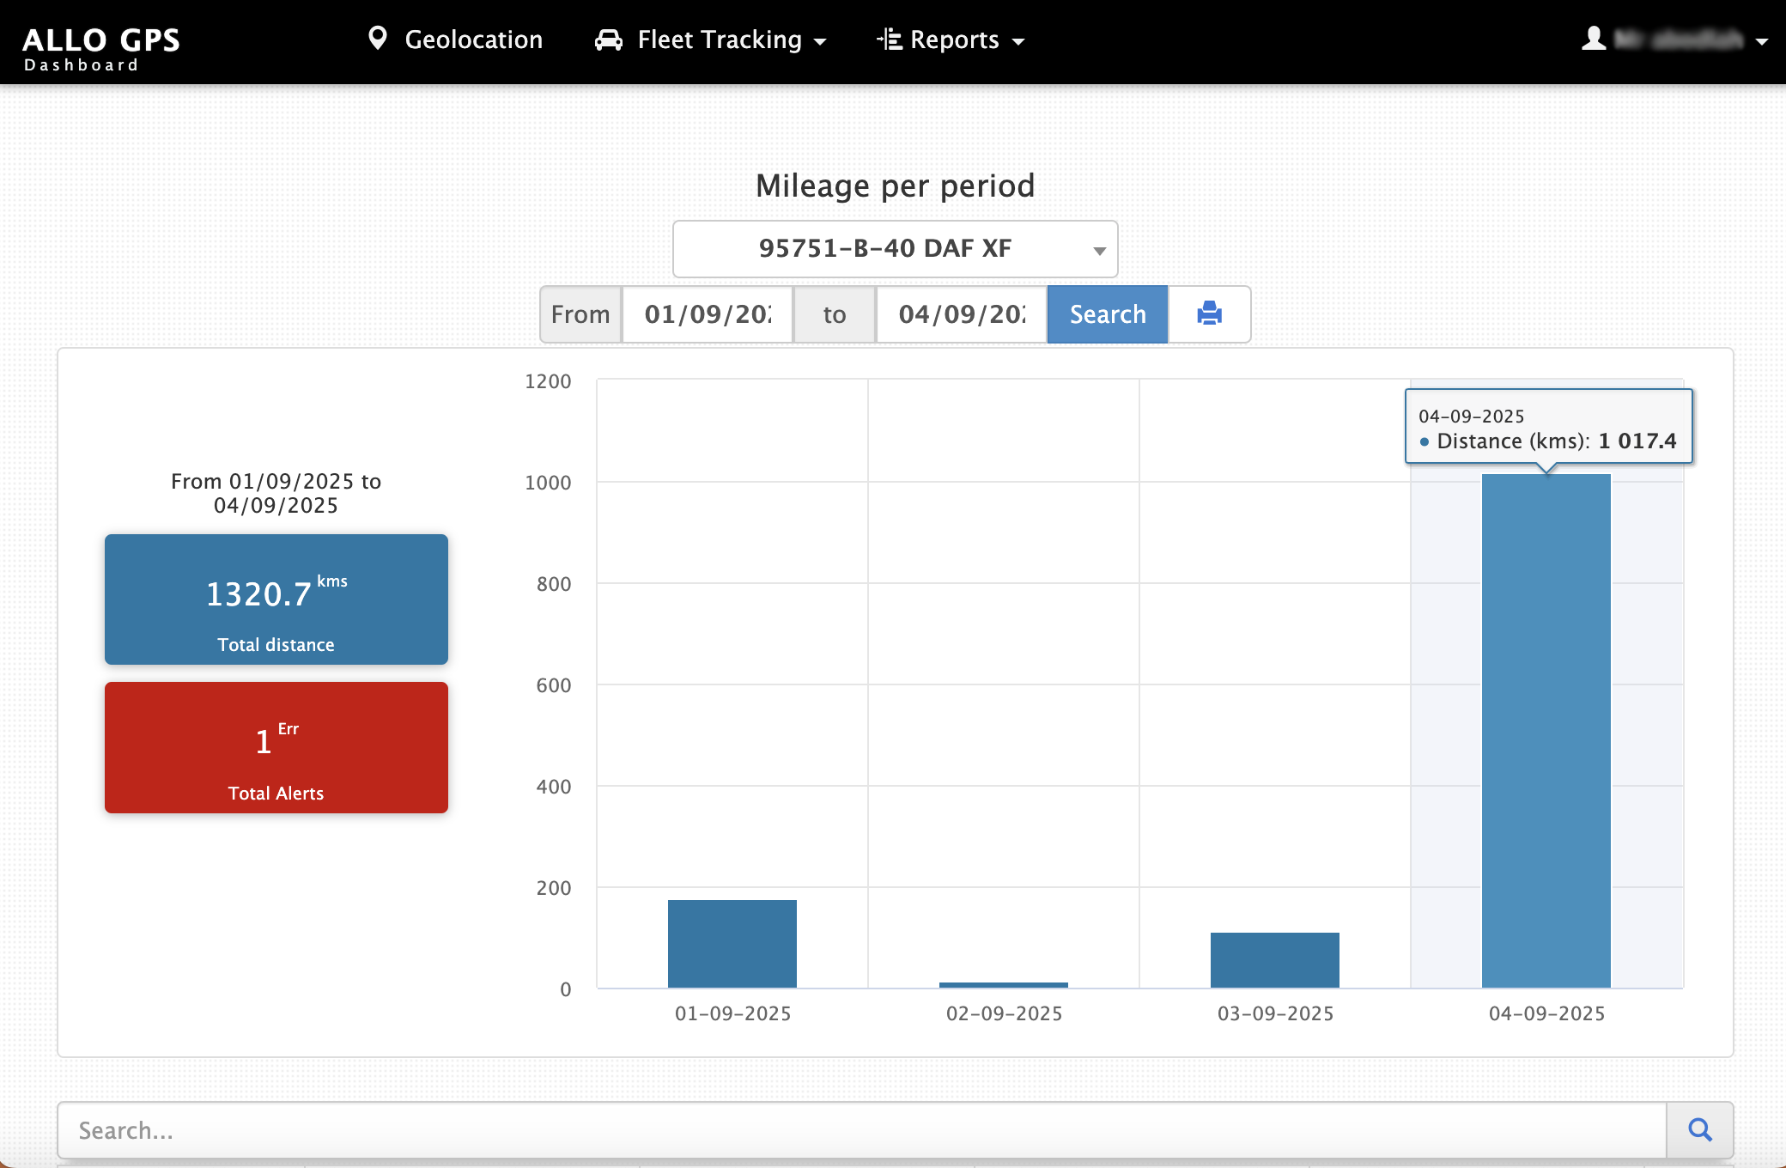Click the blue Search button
coord(1107,314)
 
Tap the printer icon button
coord(1209,314)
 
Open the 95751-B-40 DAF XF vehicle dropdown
coord(895,249)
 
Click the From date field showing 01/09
coord(707,314)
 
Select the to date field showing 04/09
coord(961,314)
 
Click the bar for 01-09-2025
coord(732,944)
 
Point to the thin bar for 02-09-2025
coord(1003,984)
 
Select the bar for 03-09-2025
coord(1274,960)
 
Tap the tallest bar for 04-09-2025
coord(1546,730)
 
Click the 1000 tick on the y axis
coord(548,483)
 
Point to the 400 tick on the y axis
coord(553,787)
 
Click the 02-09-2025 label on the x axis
coord(1004,1013)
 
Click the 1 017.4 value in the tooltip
coord(1637,441)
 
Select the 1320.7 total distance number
coord(258,594)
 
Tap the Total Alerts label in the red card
coord(276,794)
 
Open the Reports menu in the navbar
coord(951,40)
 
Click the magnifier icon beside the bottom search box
coord(1699,1130)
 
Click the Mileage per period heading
coord(895,186)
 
